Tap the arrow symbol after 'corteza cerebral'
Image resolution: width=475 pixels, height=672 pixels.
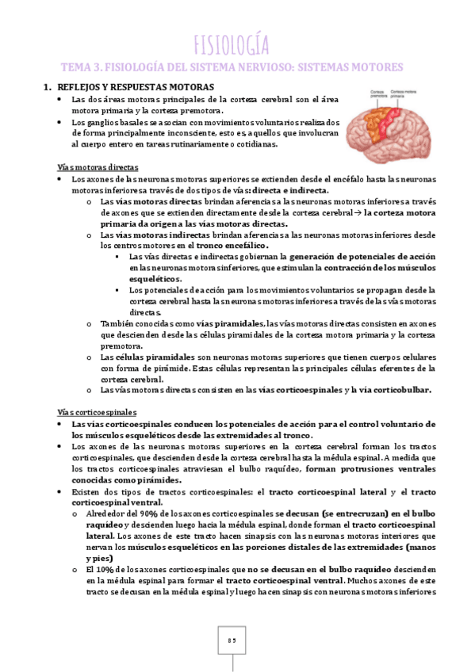(357, 214)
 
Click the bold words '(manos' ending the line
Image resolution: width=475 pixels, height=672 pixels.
(418, 547)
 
